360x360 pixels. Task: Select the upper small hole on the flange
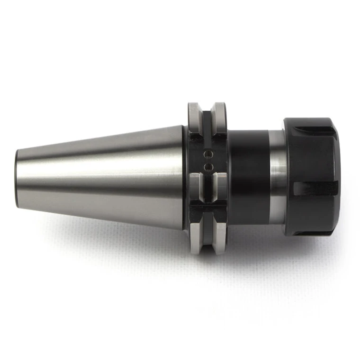[207, 154]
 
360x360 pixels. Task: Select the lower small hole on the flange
[207, 166]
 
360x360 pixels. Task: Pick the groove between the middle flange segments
[207, 187]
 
